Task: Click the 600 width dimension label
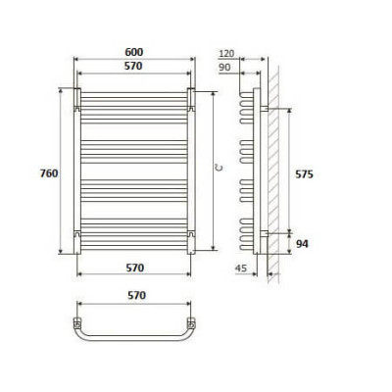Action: (x=134, y=52)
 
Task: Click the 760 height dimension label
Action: (x=49, y=173)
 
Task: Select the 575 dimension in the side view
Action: (x=304, y=174)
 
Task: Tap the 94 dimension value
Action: (x=302, y=244)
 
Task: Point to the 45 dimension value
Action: (x=241, y=269)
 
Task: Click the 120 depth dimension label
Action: (x=227, y=53)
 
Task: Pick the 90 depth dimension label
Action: (x=224, y=68)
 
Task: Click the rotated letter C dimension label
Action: (x=220, y=168)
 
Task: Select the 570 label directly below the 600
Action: (x=133, y=66)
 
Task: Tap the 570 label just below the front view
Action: (x=135, y=268)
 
